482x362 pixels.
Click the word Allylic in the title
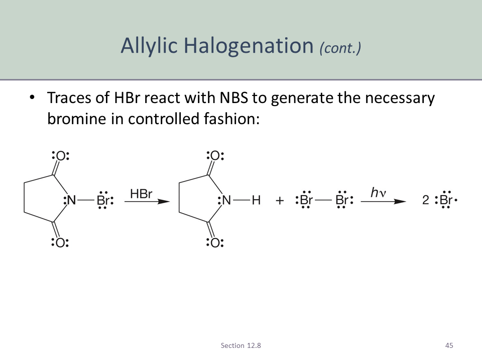pyautogui.click(x=149, y=46)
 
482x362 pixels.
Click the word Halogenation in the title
pyautogui.click(x=249, y=46)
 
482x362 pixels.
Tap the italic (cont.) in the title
pyautogui.click(x=340, y=48)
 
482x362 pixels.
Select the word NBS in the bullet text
pyautogui.click(x=233, y=98)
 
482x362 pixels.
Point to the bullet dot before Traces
pyautogui.click(x=32, y=98)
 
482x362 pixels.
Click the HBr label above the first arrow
pyautogui.click(x=141, y=194)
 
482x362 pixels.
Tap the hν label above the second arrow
pyautogui.click(x=379, y=193)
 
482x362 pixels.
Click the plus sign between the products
pyautogui.click(x=280, y=201)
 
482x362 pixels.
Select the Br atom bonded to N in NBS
pyautogui.click(x=103, y=201)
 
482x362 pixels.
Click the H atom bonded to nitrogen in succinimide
pyautogui.click(x=256, y=201)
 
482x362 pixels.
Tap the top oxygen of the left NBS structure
pyautogui.click(x=61, y=156)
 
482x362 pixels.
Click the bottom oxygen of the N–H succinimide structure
pyautogui.click(x=215, y=242)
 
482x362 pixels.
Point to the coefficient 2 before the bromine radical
pyautogui.click(x=425, y=200)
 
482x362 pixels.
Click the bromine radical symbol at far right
pyautogui.click(x=446, y=200)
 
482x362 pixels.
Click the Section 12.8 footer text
pyautogui.click(x=240, y=345)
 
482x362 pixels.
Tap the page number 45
pyautogui.click(x=449, y=345)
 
